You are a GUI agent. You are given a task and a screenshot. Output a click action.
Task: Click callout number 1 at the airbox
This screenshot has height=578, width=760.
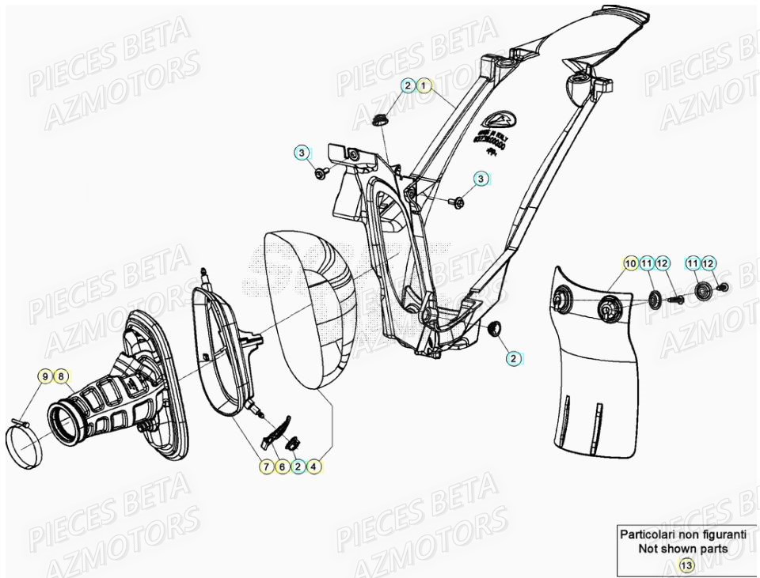tap(424, 85)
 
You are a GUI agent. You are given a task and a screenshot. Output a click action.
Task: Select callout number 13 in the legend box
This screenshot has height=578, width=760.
tap(686, 565)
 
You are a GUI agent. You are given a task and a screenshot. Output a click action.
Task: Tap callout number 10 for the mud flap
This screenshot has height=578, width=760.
tap(630, 263)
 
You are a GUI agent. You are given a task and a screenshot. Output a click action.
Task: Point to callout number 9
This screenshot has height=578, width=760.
tap(46, 376)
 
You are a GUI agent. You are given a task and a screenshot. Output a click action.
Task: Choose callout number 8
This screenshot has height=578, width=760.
tap(62, 376)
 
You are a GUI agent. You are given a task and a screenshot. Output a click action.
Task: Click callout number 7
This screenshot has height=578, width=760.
tap(266, 467)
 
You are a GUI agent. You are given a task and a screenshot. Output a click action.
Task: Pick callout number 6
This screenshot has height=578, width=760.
tap(282, 467)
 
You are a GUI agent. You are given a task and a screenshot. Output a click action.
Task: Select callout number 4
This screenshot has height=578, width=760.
tap(314, 467)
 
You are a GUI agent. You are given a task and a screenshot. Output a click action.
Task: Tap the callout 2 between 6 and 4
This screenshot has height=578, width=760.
tap(298, 467)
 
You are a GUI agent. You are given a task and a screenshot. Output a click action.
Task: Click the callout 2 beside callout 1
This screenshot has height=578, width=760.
tap(407, 85)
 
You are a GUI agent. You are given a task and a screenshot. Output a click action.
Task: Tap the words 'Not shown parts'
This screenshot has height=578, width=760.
tap(686, 549)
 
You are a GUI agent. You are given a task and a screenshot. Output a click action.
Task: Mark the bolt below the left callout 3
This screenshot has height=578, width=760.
tap(320, 173)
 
